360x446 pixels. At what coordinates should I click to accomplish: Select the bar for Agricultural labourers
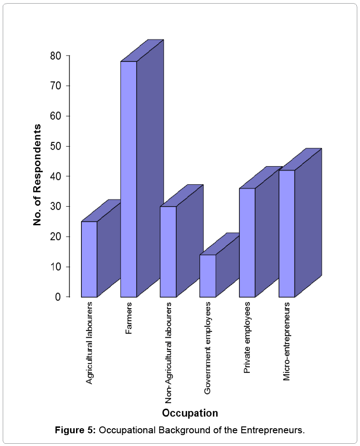[x=89, y=259]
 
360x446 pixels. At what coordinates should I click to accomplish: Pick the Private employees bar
[x=247, y=243]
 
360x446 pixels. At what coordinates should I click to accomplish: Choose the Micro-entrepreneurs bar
[x=287, y=233]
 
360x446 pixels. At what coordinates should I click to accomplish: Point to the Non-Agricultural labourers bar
[x=168, y=252]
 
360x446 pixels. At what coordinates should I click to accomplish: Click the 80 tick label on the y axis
[x=56, y=56]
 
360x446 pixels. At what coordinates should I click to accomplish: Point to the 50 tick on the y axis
[x=56, y=146]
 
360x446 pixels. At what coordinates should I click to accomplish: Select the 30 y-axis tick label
[x=56, y=207]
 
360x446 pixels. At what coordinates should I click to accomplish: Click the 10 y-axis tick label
[x=56, y=267]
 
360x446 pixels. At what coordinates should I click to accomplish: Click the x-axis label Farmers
[x=129, y=319]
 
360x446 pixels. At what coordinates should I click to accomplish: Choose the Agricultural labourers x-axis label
[x=89, y=342]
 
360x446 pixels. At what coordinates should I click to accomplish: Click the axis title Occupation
[x=190, y=413]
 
